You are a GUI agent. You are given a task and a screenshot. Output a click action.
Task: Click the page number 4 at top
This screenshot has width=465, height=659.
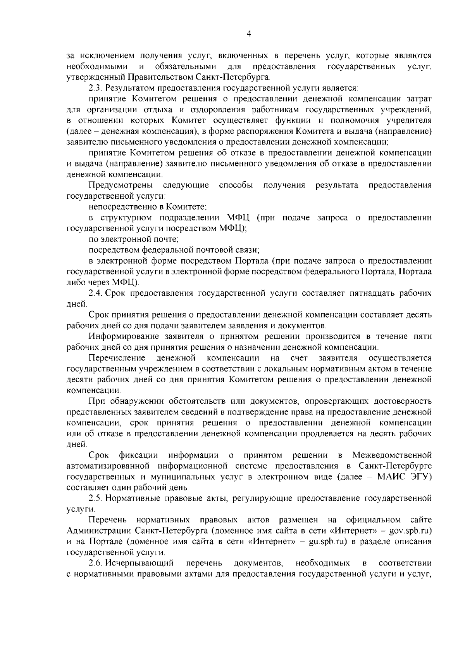(x=249, y=34)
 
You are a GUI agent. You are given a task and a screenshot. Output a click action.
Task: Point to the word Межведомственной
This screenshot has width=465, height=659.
(x=392, y=455)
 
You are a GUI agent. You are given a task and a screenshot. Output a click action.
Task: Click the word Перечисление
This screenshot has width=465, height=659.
(x=117, y=357)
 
